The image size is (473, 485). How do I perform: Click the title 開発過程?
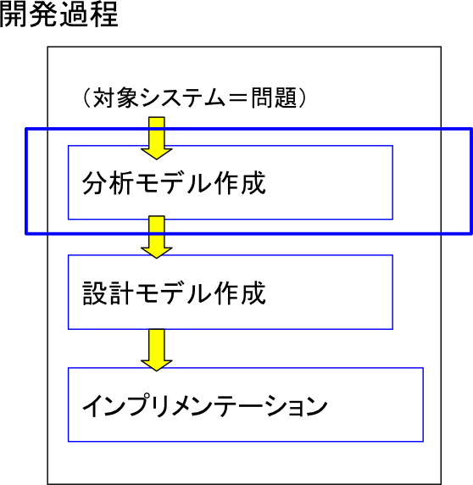[x=58, y=14]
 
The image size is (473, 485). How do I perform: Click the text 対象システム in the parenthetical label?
[x=159, y=98]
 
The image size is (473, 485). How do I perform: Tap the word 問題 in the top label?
[x=274, y=98]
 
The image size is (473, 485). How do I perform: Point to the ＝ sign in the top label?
[x=238, y=98]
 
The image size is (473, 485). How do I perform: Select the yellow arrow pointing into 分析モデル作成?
[x=157, y=138]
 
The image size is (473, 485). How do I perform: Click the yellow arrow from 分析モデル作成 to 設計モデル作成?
[x=157, y=237]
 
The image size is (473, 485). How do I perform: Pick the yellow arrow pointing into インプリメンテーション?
[x=157, y=350]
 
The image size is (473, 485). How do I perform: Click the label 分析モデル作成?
[x=174, y=183]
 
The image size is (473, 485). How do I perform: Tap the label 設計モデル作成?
[x=174, y=293]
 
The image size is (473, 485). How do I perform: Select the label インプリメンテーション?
[x=204, y=405]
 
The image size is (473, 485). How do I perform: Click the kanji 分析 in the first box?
[x=108, y=183]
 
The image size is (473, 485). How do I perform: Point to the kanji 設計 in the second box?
[x=108, y=293]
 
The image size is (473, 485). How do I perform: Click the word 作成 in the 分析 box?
[x=240, y=183]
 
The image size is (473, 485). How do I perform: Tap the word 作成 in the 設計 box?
[x=240, y=293]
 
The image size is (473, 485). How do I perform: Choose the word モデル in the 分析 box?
[x=174, y=183]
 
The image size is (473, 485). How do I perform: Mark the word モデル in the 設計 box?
[x=174, y=293]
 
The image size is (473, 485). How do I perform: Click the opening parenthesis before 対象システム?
[x=86, y=98]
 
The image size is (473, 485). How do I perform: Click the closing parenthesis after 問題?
[x=303, y=98]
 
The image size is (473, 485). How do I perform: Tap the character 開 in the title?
[x=13, y=14]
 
